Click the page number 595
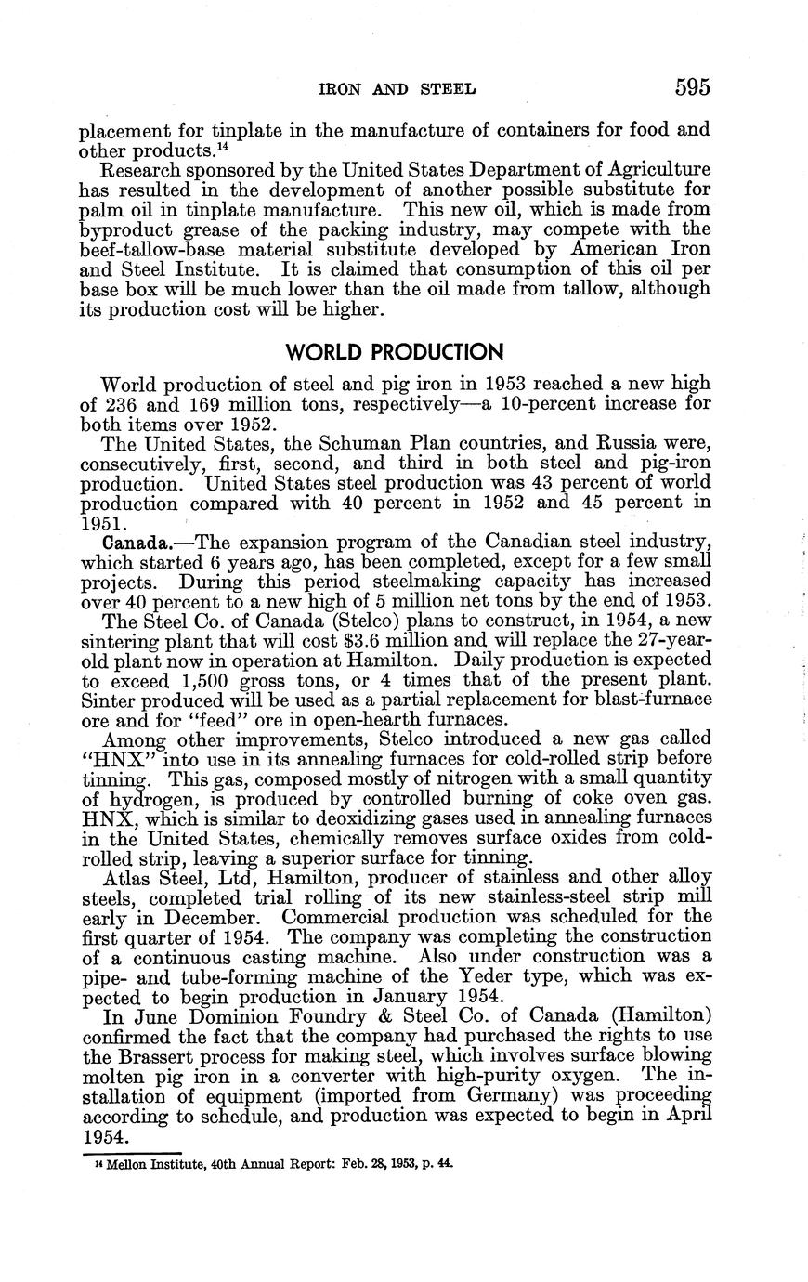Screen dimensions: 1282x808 coord(692,88)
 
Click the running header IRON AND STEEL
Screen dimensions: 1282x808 coord(397,89)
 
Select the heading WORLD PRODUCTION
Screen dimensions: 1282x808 coord(395,352)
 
